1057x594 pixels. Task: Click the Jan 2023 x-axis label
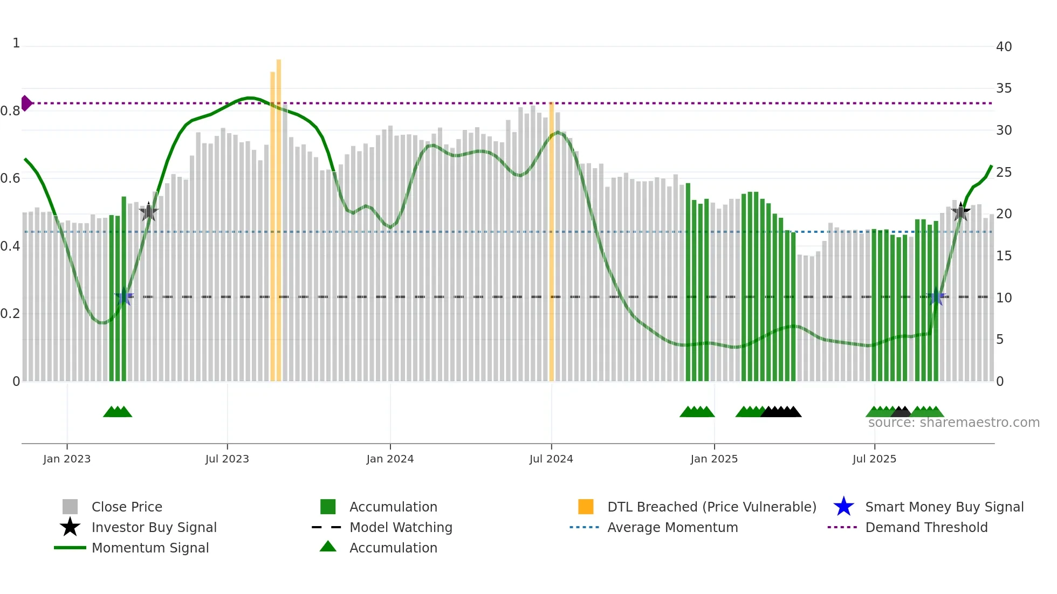67,459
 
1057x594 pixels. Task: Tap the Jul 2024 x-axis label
551,459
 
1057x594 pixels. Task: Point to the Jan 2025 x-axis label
714,459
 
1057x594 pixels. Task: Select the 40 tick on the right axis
1004,47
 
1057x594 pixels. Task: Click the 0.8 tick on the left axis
10,111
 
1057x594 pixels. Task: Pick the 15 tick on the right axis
1004,256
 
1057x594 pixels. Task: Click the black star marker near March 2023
149,212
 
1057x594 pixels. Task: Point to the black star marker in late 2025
960,212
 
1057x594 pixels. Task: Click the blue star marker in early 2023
124,296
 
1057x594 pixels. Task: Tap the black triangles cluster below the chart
781,412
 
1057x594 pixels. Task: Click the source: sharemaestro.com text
953,423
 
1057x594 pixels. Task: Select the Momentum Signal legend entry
150,548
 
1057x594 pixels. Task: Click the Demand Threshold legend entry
926,527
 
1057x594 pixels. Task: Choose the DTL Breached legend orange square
586,507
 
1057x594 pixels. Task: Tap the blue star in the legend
843,507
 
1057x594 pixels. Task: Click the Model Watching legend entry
400,527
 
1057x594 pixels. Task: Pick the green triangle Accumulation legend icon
328,547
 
